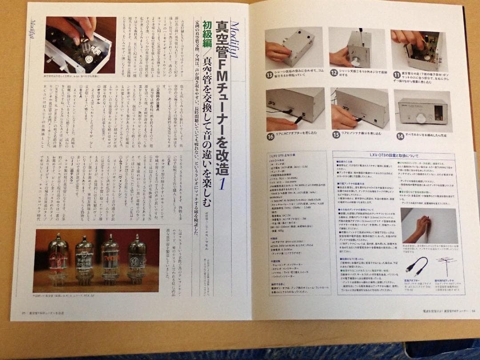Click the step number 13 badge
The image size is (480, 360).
pyautogui.click(x=269, y=75)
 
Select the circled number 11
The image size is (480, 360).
pyautogui.click(x=396, y=75)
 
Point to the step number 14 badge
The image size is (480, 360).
pyautogui.click(x=400, y=136)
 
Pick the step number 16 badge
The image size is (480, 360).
pyautogui.click(x=270, y=136)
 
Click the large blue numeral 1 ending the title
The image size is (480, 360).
pyautogui.click(x=221, y=183)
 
